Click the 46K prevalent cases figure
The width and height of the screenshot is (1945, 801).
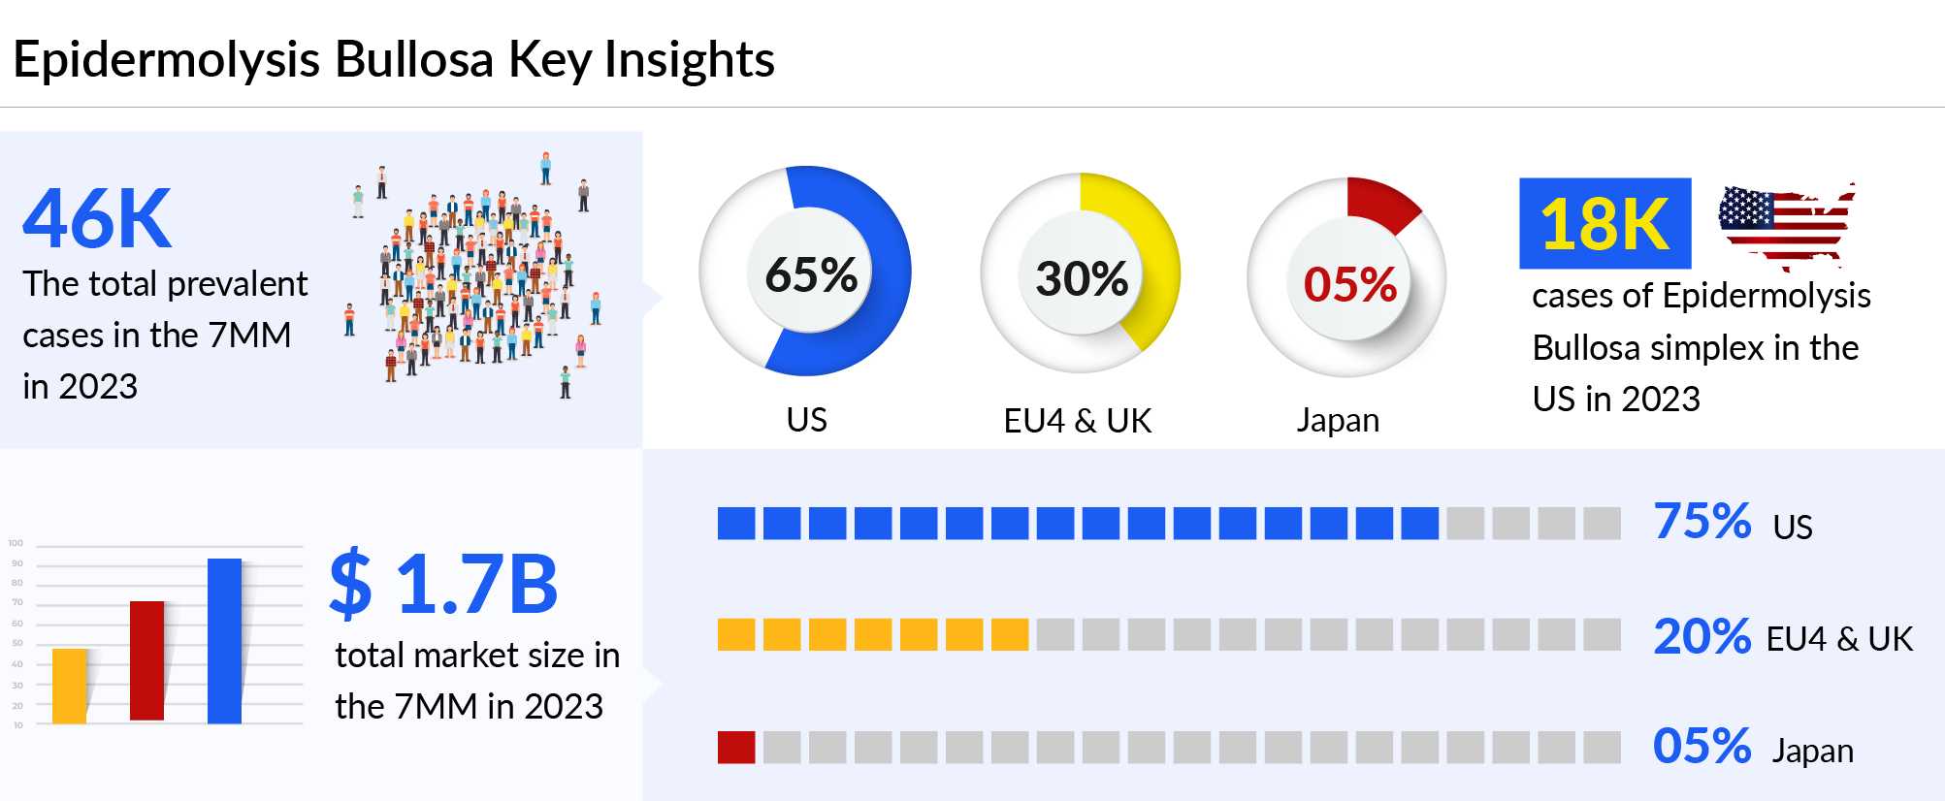97,219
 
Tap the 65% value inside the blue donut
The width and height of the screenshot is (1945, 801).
811,275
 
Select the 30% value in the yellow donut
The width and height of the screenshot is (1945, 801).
1082,279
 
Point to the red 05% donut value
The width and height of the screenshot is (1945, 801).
1349,285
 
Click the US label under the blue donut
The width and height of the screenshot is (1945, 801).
806,420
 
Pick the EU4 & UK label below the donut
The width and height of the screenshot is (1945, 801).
1077,421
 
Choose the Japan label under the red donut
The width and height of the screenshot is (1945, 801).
1338,421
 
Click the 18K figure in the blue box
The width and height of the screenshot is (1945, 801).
1605,224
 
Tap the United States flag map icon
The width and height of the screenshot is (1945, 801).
1785,226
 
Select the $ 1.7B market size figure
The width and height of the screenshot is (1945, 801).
443,584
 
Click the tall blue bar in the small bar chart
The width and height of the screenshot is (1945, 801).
224,641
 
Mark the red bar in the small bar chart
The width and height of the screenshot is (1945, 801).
146,660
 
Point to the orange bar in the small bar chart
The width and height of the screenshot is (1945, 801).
69,686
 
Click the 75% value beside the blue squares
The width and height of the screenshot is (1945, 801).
1702,522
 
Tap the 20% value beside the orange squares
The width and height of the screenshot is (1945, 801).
1702,637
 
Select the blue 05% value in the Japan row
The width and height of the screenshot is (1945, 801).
1702,747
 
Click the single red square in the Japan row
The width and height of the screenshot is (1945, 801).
736,748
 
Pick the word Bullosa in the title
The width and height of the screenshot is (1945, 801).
414,60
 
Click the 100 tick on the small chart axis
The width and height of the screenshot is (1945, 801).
16,543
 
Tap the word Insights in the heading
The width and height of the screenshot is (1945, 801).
689,60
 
